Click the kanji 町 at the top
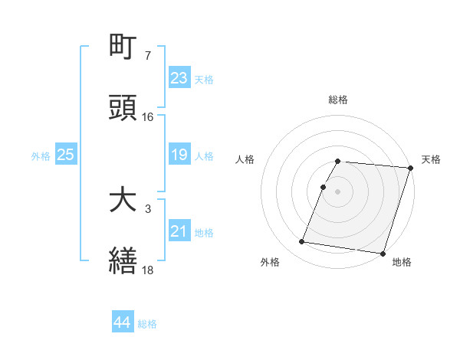(123, 47)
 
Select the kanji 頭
(123, 108)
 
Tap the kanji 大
(123, 201)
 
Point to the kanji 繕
(123, 260)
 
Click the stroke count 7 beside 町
(147, 57)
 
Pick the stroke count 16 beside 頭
(148, 117)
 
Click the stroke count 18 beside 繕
(148, 270)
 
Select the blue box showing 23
(179, 78)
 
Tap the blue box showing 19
(179, 155)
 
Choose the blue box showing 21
(179, 231)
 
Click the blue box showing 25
(66, 155)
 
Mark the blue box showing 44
(123, 323)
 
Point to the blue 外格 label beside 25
(41, 156)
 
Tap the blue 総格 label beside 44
(147, 324)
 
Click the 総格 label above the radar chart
(338, 100)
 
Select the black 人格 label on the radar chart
(246, 159)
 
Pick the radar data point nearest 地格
(382, 253)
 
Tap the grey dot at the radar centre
(338, 190)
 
